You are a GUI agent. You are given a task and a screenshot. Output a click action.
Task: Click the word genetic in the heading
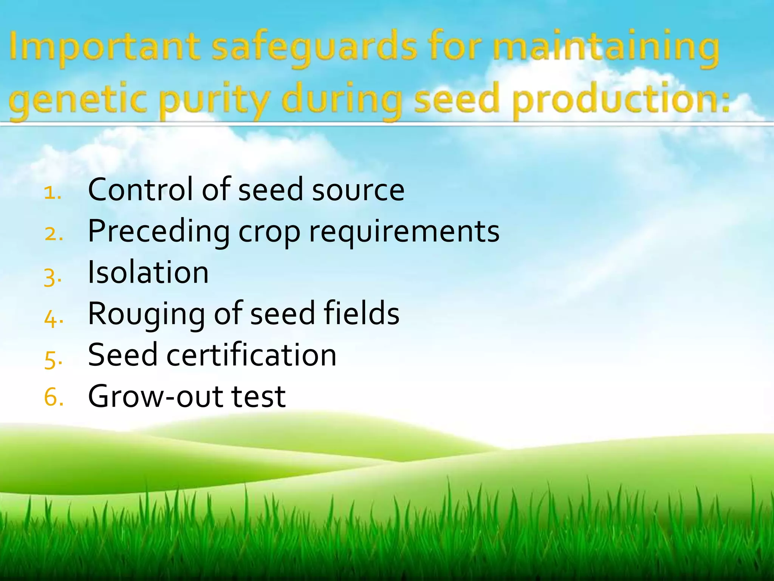click(x=77, y=101)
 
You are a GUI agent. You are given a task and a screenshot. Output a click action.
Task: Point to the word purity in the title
click(x=214, y=101)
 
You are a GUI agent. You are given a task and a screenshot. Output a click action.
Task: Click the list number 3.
click(x=52, y=277)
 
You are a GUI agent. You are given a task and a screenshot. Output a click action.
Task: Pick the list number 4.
click(x=53, y=318)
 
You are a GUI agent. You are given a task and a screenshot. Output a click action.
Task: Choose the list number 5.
click(x=53, y=360)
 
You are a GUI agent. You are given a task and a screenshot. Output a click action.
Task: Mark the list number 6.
click(x=53, y=398)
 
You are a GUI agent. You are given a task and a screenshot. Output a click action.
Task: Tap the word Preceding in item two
click(x=159, y=231)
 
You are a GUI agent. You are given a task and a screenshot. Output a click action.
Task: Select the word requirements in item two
click(x=404, y=231)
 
